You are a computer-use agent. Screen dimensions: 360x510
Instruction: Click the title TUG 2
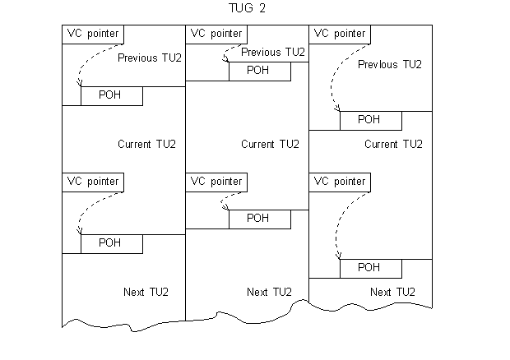(x=248, y=9)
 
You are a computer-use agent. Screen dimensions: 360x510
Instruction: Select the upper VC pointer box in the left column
(x=93, y=34)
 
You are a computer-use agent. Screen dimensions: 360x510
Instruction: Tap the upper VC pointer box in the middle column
(x=216, y=34)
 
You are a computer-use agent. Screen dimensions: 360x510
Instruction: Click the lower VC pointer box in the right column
(x=340, y=181)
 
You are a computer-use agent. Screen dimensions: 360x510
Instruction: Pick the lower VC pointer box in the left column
(x=93, y=181)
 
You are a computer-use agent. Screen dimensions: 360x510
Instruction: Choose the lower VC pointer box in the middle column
(x=216, y=181)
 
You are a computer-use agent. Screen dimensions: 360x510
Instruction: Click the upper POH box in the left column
(x=111, y=95)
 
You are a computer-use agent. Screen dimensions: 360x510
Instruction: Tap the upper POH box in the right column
(x=370, y=120)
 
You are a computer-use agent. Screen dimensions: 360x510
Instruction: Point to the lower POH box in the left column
(x=111, y=243)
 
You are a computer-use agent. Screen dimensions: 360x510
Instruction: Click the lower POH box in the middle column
(x=259, y=219)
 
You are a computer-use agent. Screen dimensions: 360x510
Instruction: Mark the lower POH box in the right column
(x=370, y=268)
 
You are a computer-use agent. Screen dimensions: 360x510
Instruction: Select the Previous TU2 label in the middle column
(x=273, y=52)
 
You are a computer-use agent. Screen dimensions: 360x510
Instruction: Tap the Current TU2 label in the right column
(x=393, y=145)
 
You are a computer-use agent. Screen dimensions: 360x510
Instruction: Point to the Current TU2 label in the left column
(x=146, y=145)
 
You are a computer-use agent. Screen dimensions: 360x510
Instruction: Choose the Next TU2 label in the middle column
(x=270, y=293)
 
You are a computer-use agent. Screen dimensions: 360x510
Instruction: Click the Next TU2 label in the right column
(x=393, y=293)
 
